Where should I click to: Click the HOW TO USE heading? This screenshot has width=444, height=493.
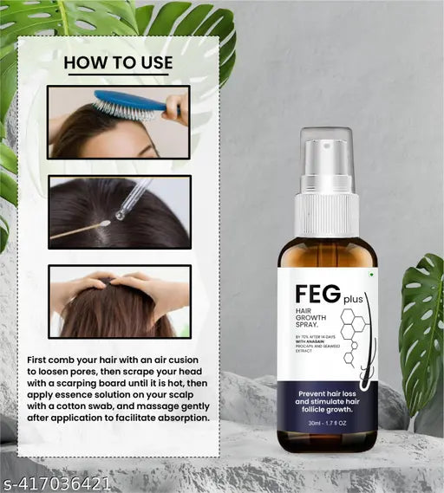click(x=118, y=62)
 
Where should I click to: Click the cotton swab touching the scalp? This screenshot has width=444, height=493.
click(x=82, y=230)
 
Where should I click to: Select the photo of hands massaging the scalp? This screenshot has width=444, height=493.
click(x=119, y=301)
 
